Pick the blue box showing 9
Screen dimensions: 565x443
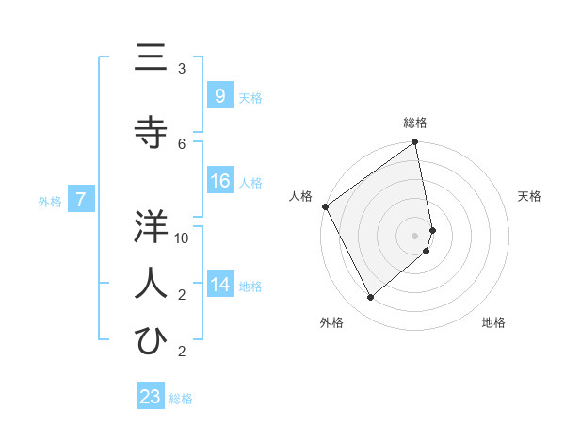coord(219,96)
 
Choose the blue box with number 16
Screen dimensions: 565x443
coord(219,181)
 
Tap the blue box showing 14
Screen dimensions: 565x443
coord(219,285)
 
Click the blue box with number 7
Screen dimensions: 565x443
coord(82,199)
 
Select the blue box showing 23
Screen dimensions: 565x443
coord(151,397)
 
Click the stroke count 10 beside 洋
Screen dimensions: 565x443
coord(182,238)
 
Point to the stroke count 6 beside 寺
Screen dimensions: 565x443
coord(182,143)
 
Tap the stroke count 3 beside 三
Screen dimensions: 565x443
coord(182,68)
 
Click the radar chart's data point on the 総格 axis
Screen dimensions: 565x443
coord(415,143)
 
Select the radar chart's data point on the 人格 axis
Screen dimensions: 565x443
coord(325,206)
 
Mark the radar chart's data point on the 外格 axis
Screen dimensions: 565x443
coord(370,298)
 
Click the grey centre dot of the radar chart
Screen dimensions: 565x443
coord(415,235)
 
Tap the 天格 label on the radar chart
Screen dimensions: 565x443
coord(530,196)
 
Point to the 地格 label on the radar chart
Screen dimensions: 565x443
coord(493,322)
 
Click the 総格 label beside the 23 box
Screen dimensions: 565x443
coord(181,399)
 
